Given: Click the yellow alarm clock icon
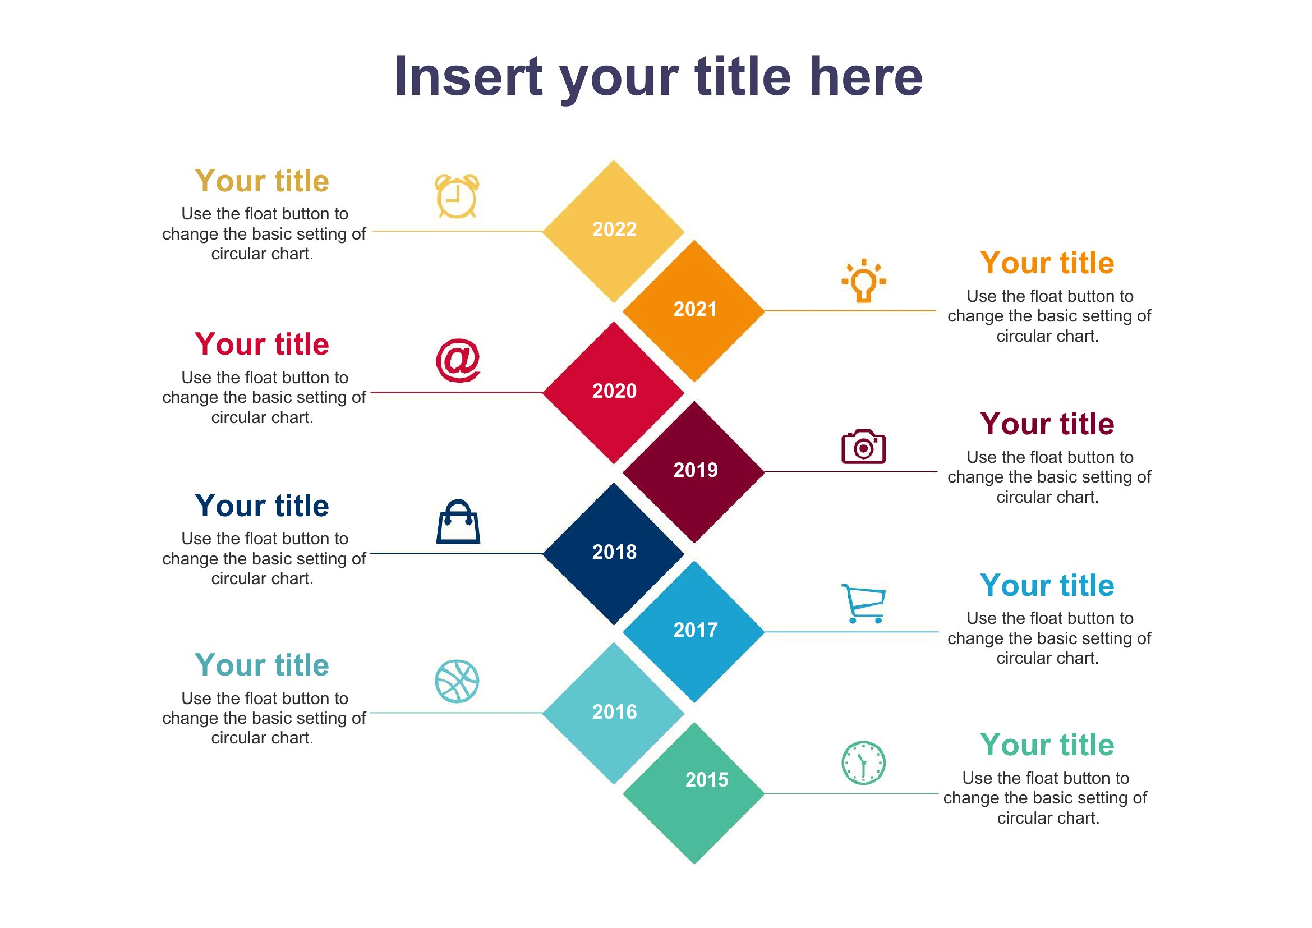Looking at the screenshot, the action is tap(457, 196).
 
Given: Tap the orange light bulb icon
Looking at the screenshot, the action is tap(863, 281).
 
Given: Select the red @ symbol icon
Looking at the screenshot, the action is tap(458, 360).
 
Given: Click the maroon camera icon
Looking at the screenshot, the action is tap(863, 446).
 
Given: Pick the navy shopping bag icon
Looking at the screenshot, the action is tap(458, 522).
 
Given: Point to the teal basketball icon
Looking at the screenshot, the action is tap(457, 681).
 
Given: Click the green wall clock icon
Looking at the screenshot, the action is tap(863, 763).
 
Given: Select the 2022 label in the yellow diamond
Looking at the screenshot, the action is tap(614, 229).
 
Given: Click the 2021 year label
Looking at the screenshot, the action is tap(695, 309).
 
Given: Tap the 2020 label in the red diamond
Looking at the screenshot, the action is tap(614, 391).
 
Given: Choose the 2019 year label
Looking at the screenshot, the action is tap(696, 470).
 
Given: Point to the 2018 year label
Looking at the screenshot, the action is tap(614, 552).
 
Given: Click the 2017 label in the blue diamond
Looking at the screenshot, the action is tap(696, 630).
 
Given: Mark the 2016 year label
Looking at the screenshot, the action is tap(614, 712).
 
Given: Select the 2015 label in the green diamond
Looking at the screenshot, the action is tap(707, 780).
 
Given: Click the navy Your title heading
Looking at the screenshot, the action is tap(262, 506).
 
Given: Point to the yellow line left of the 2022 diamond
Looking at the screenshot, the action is tap(458, 231).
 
